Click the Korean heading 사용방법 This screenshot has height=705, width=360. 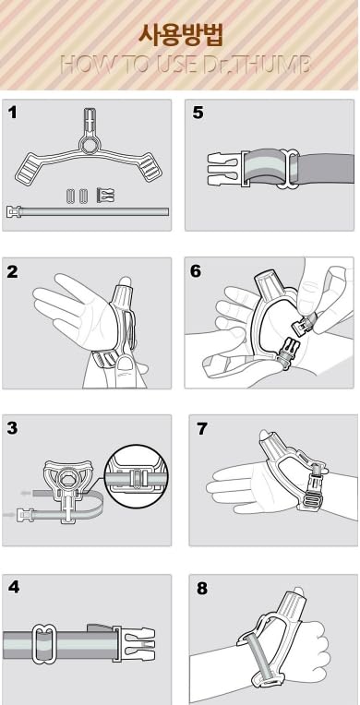[x=180, y=35]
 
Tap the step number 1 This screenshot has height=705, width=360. [x=13, y=112]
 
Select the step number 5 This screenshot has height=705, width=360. [x=198, y=113]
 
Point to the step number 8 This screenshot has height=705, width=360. [x=202, y=588]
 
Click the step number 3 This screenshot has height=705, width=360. [x=13, y=428]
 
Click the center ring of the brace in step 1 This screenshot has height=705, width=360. [x=89, y=144]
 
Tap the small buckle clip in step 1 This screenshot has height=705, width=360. [x=106, y=195]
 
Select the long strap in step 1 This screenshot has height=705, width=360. [x=88, y=211]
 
